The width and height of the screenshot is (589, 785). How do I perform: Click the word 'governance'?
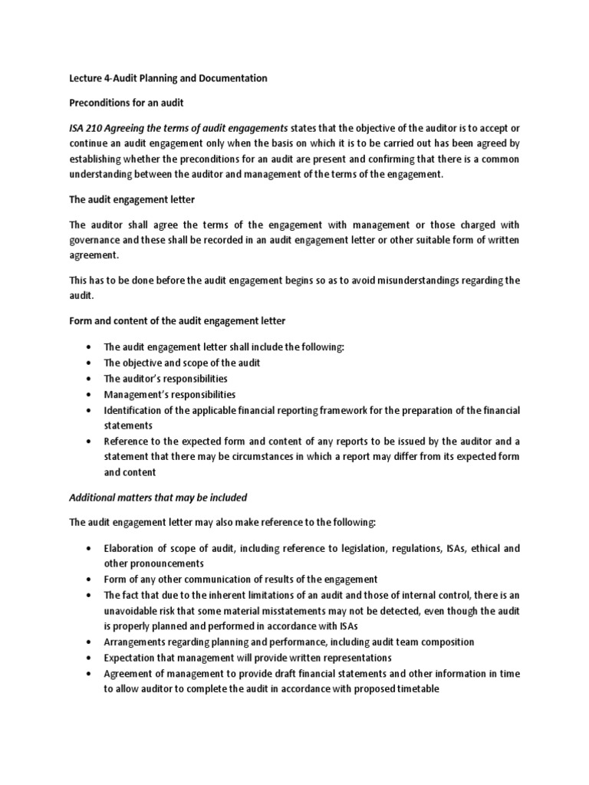[x=97, y=240]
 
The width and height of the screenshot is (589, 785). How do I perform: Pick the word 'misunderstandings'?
[x=397, y=281]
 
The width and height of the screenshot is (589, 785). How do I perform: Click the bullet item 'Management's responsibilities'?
[x=169, y=394]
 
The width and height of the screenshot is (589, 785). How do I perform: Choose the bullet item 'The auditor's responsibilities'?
[x=166, y=379]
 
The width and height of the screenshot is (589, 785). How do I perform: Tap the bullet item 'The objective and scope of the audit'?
[x=180, y=363]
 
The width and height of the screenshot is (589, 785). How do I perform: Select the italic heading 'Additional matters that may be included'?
[x=158, y=498]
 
